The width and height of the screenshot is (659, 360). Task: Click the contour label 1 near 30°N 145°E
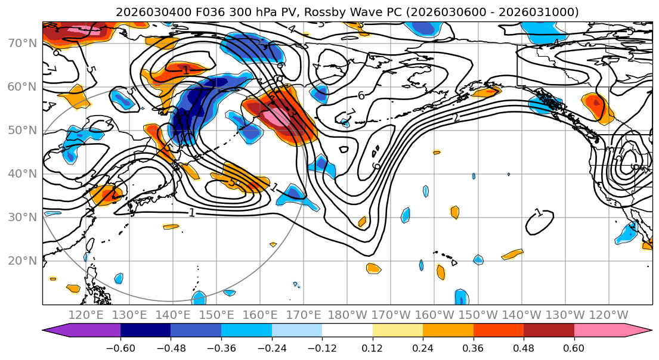click(x=192, y=213)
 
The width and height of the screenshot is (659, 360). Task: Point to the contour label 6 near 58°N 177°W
click(x=361, y=95)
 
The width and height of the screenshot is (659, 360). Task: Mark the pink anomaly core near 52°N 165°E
click(x=278, y=117)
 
